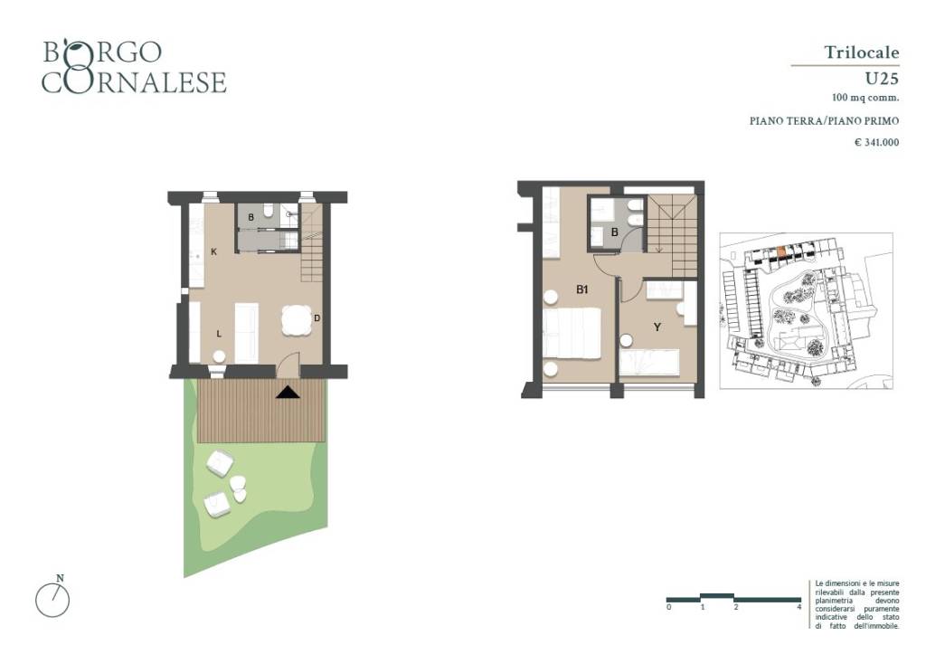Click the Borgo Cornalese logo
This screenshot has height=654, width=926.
pos(134,67)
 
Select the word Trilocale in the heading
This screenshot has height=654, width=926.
pos(862,52)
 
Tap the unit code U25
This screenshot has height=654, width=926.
pos(882,79)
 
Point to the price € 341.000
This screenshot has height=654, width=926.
pos(877,142)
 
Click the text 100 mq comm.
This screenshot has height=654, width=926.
pos(865,98)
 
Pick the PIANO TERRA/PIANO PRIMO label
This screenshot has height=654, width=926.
pos(825,121)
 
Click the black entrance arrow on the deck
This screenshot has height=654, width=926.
pos(288,392)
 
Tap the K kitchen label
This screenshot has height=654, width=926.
pos(213,251)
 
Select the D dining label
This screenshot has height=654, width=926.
pos(317,318)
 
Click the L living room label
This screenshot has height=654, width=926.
pos(219,334)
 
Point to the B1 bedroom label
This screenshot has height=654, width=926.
pos(582,289)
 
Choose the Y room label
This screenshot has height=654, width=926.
pos(657,327)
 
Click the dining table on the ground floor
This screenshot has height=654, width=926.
pos(297,319)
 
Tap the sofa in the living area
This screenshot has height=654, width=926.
pos(246,333)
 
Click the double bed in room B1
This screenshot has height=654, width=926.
pos(572,333)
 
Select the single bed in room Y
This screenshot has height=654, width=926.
pos(649,362)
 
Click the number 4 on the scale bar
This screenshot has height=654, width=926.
pos(799,607)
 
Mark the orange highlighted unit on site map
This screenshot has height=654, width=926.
pos(781,252)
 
